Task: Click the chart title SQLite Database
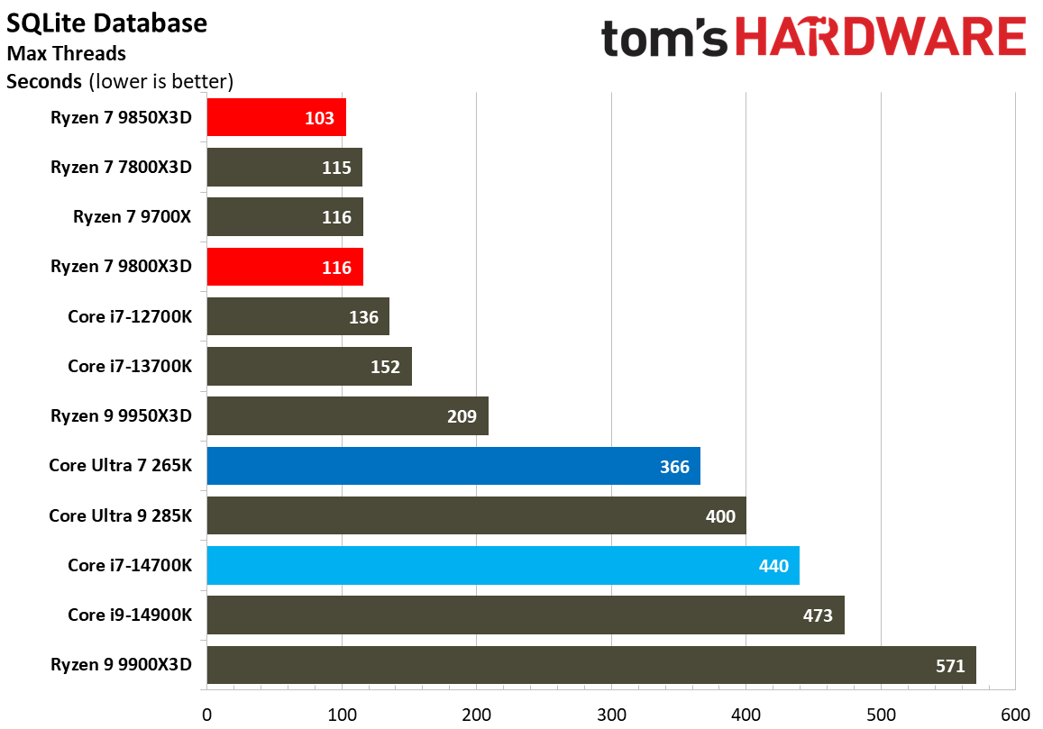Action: tap(106, 23)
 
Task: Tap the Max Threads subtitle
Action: tap(66, 54)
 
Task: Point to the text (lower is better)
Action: tap(160, 82)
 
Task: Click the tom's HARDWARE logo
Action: tap(813, 39)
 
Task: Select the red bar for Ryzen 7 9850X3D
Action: tap(276, 117)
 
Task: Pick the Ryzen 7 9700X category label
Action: tap(133, 217)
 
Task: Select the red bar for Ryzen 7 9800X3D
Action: tap(285, 267)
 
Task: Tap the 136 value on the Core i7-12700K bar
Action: tap(362, 317)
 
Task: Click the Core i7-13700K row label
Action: tap(130, 366)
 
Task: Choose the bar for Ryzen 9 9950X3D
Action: tap(347, 416)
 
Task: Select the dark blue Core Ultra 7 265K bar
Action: tap(453, 466)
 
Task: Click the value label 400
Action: tap(721, 516)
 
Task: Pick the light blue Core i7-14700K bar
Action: tap(503, 566)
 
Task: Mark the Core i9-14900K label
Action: tap(130, 615)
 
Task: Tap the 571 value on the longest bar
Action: tap(950, 666)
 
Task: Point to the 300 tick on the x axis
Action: tap(611, 714)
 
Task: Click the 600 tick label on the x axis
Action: tap(1015, 714)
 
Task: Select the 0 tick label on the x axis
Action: tap(207, 714)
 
